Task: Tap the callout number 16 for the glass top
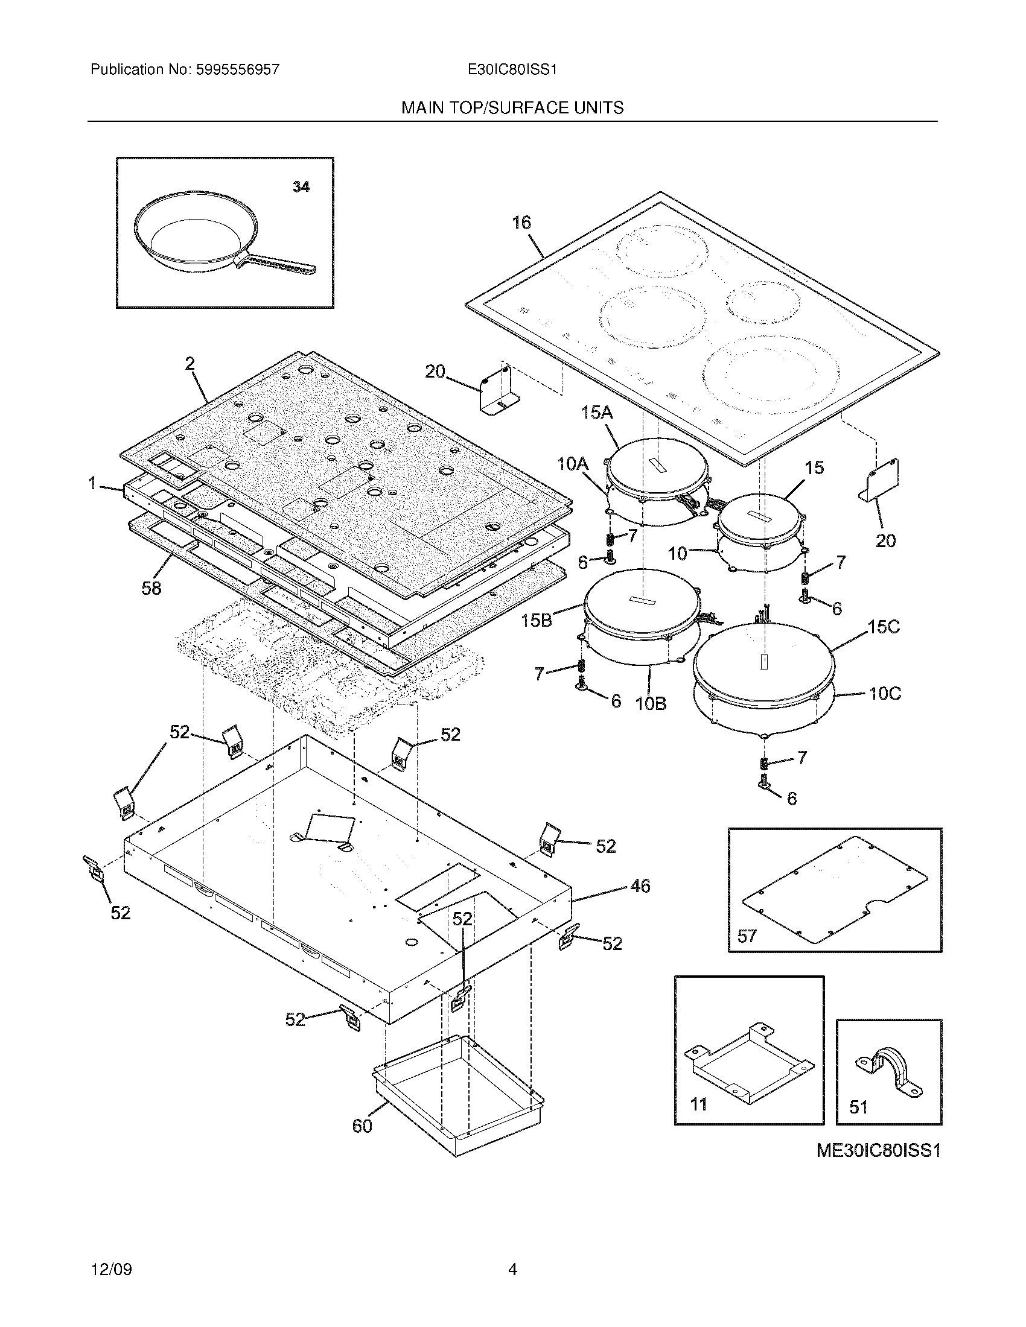click(521, 223)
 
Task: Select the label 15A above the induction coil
click(596, 413)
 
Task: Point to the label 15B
click(537, 621)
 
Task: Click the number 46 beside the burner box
click(640, 886)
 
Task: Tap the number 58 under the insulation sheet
click(151, 588)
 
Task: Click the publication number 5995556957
click(237, 70)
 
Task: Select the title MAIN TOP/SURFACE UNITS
click(512, 108)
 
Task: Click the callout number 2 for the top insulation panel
click(190, 364)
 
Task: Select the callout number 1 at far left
click(92, 484)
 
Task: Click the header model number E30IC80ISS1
click(512, 70)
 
